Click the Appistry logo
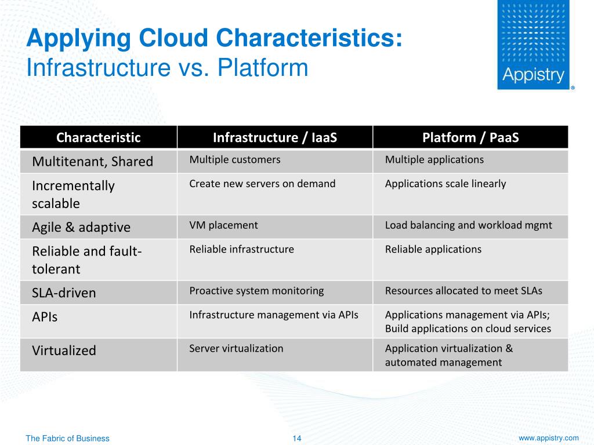click(x=534, y=45)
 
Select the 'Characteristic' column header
click(x=98, y=137)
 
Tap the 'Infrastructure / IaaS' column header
click(x=275, y=137)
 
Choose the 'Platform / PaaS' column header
click(x=470, y=137)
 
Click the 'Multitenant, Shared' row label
click(x=92, y=162)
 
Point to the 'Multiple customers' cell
click(x=235, y=159)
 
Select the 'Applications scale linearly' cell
click(x=445, y=184)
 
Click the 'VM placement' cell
click(x=223, y=225)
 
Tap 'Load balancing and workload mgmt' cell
click(x=468, y=225)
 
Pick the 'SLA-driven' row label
click(x=64, y=293)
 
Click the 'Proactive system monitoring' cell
click(x=256, y=291)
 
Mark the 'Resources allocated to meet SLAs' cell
click(x=463, y=291)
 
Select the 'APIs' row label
click(x=45, y=318)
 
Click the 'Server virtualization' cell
click(x=236, y=348)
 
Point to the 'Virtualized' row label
click(x=64, y=351)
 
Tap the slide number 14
click(x=297, y=439)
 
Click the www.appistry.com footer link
click(x=548, y=438)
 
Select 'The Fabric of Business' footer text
click(x=67, y=439)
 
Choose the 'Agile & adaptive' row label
click(x=81, y=227)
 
